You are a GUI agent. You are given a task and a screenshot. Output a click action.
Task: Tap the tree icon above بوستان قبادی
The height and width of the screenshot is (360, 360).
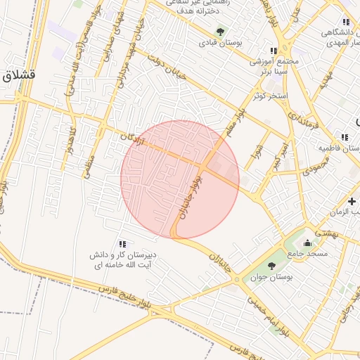pos(221,32)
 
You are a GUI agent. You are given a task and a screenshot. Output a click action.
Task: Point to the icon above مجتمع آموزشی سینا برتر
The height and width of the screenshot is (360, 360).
pos(274,51)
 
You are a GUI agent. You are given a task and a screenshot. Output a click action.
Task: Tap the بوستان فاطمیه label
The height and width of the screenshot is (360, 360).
pos(337,148)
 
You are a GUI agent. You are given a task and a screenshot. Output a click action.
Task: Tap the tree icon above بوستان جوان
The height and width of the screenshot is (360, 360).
pos(271,266)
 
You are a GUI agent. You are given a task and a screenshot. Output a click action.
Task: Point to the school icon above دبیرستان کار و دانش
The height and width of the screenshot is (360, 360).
pos(123,243)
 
